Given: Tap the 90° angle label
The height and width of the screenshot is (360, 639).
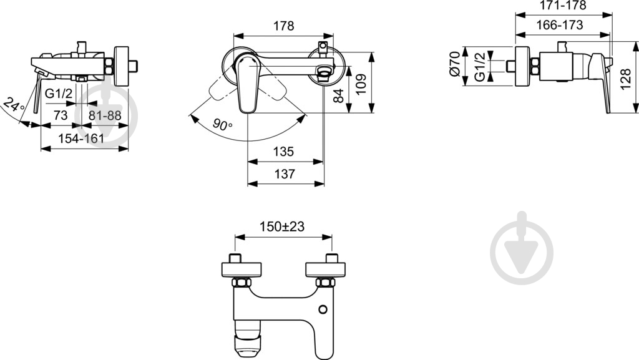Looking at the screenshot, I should click(222, 125).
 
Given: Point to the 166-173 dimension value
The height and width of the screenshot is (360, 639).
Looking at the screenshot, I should click(560, 25).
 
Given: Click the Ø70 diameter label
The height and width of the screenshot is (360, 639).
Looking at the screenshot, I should click(455, 65).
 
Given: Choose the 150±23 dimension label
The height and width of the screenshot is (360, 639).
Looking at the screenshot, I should click(283, 227).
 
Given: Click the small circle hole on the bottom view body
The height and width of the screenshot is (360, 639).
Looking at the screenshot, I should click(323, 309).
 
